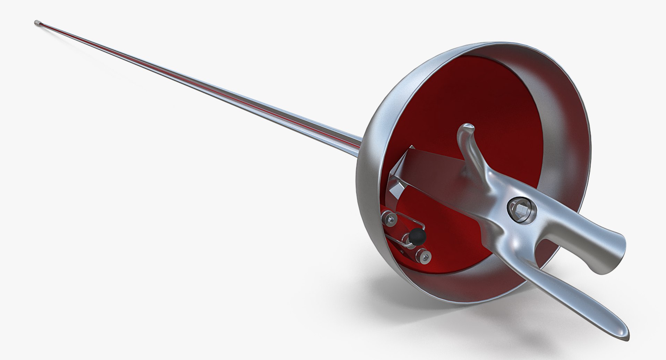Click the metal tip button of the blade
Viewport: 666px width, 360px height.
pos(37,23)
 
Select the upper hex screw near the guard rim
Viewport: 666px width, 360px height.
pos(389,218)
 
